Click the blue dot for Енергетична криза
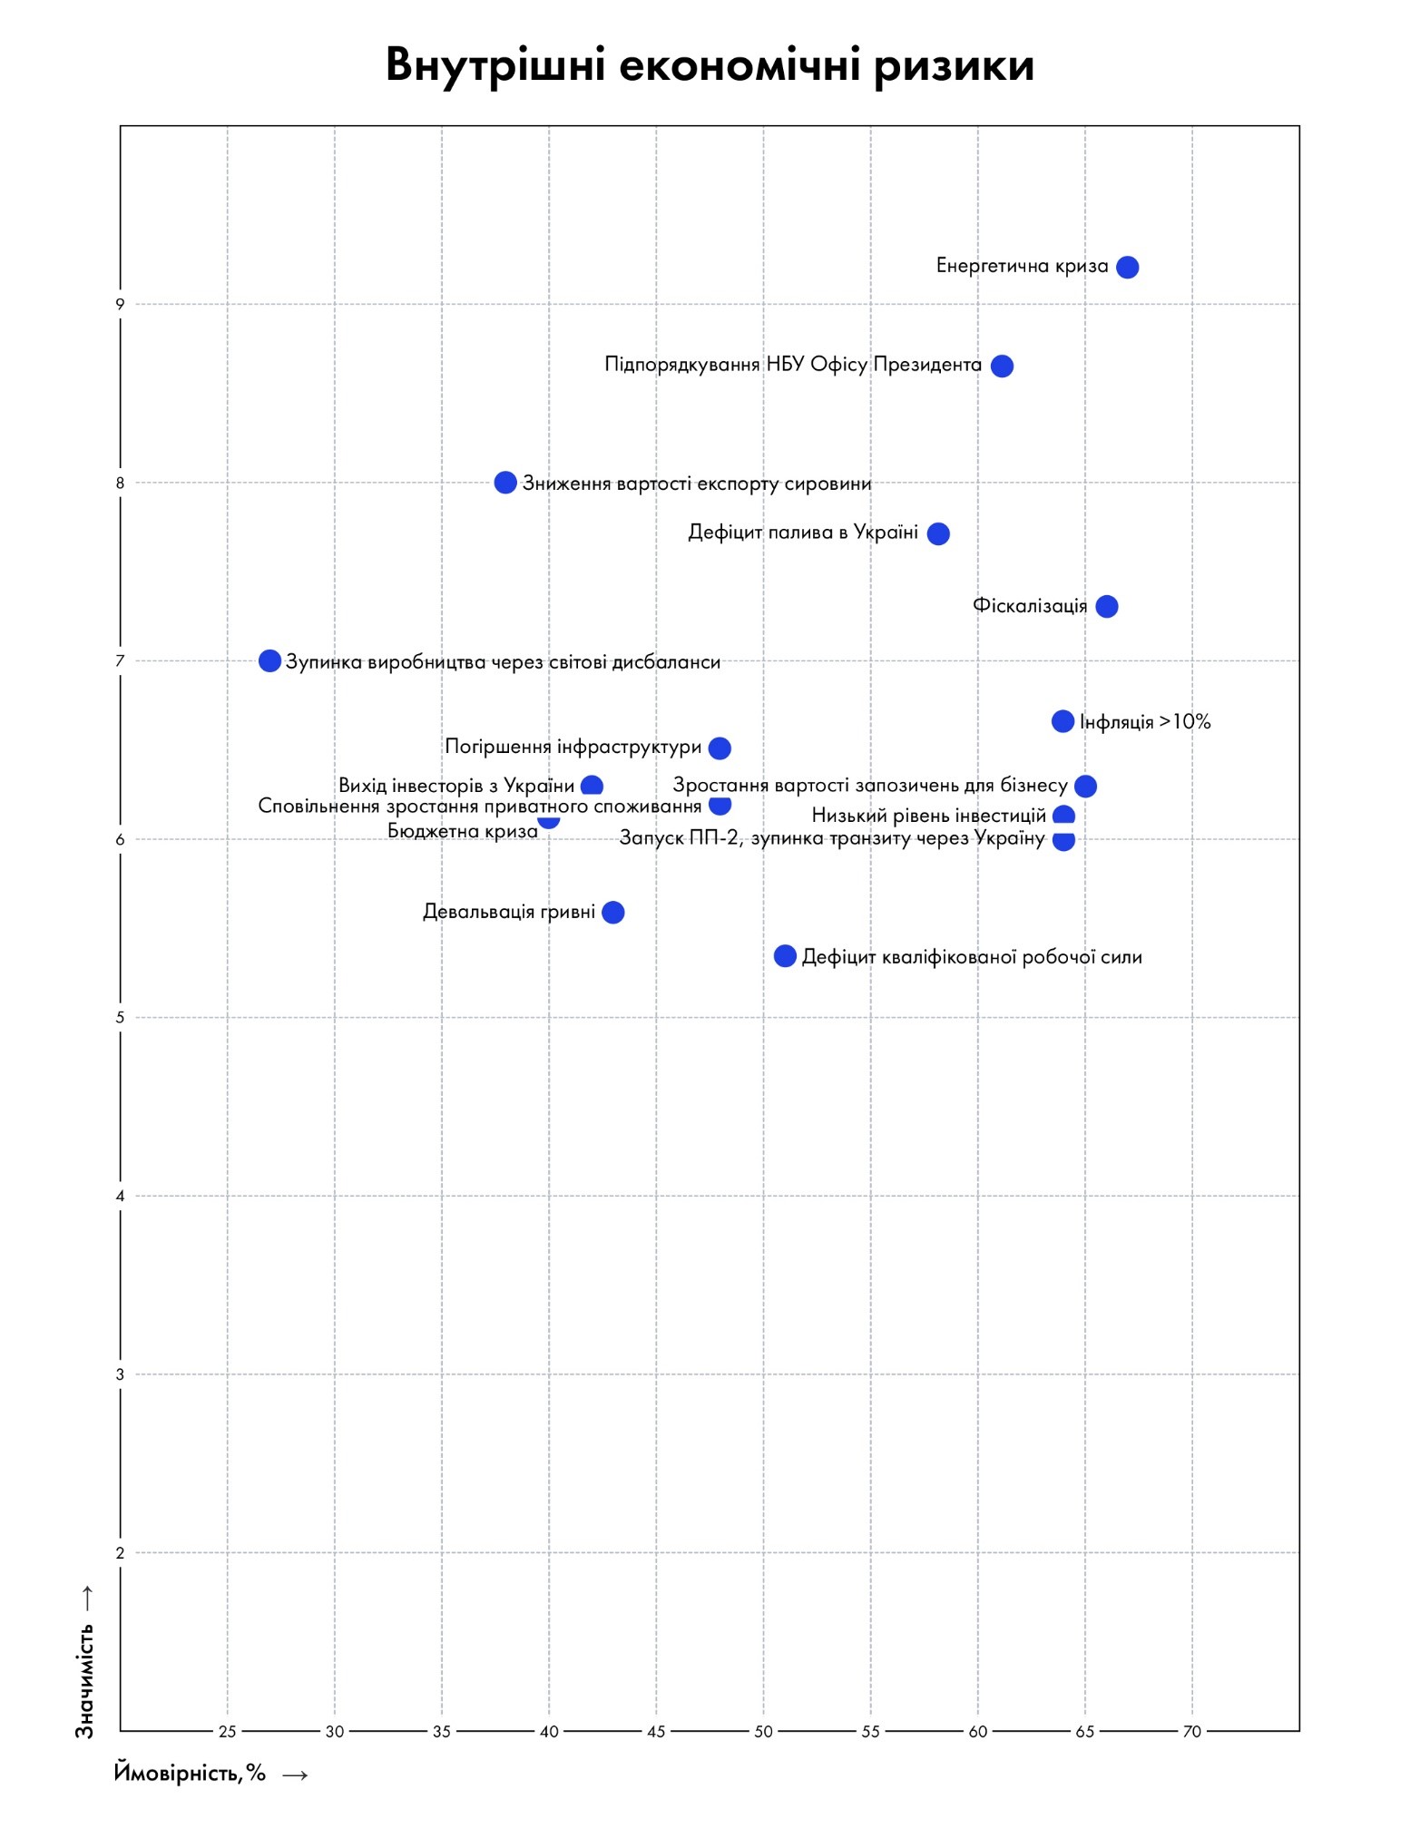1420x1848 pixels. [1127, 267]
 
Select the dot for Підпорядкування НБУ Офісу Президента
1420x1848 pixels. [1002, 366]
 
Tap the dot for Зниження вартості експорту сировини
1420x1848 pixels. [505, 483]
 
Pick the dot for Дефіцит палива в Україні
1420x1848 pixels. [938, 533]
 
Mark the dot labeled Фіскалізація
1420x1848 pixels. [1106, 606]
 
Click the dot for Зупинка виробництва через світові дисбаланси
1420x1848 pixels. [269, 660]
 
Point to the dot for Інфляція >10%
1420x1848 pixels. [1063, 721]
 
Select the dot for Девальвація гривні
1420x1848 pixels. [613, 912]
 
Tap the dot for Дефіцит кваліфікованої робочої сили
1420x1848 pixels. [785, 956]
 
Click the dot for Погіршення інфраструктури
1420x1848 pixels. [720, 748]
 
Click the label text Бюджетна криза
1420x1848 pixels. [462, 831]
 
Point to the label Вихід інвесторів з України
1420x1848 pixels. [456, 785]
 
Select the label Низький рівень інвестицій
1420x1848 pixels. [928, 816]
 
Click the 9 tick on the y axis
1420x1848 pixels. [120, 304]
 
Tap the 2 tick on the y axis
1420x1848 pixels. [120, 1552]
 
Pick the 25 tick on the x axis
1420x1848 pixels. [227, 1731]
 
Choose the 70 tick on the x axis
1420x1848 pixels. [1191, 1731]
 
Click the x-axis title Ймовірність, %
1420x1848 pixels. [190, 1772]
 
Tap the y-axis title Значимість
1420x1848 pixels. [84, 1679]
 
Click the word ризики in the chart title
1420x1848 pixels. [954, 65]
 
